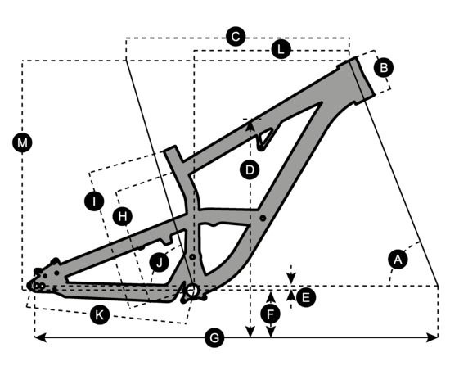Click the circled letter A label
click(x=398, y=260)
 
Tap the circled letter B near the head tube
click(x=384, y=68)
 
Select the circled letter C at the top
click(x=236, y=37)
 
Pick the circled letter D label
click(x=250, y=170)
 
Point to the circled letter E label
click(x=306, y=297)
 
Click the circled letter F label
click(x=270, y=314)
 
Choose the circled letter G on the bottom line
click(x=214, y=337)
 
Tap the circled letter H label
click(x=123, y=216)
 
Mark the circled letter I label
click(x=94, y=201)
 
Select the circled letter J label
click(x=160, y=262)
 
